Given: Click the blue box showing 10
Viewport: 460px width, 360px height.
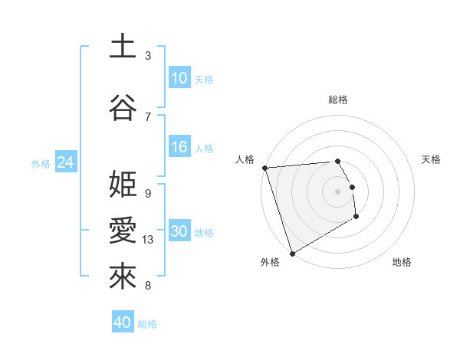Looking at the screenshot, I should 179,78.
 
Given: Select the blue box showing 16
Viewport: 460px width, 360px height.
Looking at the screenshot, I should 179,147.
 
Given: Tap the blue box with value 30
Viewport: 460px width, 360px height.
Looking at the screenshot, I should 179,231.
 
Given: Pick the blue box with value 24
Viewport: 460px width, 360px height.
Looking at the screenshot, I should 65,162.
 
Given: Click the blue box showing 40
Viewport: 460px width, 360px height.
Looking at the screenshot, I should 123,322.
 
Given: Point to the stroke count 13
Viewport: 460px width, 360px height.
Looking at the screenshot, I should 148,240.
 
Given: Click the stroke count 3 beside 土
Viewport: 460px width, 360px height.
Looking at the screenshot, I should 148,56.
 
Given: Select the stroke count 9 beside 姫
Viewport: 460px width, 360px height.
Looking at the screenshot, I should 148,193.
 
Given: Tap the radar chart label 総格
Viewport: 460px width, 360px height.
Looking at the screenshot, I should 338,100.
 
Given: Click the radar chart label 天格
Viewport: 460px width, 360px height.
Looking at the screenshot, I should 432,159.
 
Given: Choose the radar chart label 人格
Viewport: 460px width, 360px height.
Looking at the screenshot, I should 245,159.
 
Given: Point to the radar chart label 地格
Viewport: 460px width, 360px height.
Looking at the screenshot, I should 402,262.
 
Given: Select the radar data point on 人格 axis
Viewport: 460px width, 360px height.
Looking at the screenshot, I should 264,168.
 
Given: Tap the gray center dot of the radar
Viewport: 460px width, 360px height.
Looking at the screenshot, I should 338,191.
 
